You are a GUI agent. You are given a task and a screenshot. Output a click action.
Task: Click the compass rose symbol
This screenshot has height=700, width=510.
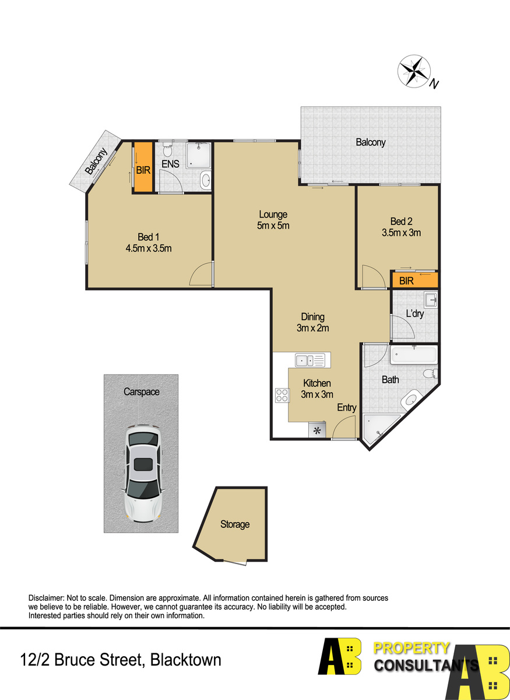coord(414,71)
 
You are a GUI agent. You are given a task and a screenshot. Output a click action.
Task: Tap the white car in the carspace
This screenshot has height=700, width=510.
coord(143,474)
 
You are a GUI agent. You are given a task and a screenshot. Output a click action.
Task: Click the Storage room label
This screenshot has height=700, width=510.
coord(235,524)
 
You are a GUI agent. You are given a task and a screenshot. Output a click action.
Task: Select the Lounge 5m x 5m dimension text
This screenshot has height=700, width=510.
coord(273,225)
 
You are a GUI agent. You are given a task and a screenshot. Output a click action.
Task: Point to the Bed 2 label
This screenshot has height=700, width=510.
coord(402,221)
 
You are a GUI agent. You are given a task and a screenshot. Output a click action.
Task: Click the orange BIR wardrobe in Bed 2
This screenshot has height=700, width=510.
coord(414,281)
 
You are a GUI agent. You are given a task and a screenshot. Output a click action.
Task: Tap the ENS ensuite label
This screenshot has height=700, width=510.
coord(170,164)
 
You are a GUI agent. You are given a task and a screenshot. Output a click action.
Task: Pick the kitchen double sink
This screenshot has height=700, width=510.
coord(310,360)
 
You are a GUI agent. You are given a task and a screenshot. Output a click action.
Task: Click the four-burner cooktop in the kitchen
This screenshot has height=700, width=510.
coord(282,395)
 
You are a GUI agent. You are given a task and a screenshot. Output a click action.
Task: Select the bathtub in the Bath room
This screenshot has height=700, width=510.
coord(414,355)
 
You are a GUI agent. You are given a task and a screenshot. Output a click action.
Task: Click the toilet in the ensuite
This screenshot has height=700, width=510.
coord(168,149)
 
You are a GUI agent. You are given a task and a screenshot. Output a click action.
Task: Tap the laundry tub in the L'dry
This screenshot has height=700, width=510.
coord(431,300)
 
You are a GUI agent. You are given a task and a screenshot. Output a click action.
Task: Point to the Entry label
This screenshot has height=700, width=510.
coord(347,408)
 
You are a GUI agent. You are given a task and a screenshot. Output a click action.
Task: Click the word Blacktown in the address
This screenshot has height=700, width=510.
coord(185,660)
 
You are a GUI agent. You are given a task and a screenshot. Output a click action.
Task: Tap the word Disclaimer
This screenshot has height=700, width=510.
coord(46,598)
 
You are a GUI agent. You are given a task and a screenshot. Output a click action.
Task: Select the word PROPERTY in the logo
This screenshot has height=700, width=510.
coord(411,649)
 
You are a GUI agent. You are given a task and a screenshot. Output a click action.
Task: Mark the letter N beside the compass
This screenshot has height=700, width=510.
coord(434,84)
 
